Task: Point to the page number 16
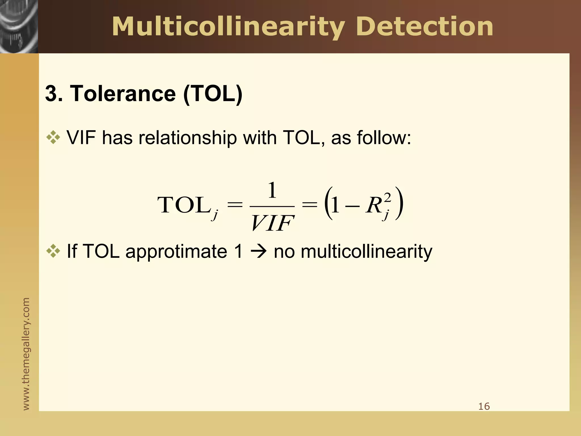(x=484, y=406)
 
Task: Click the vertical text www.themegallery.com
(x=26, y=353)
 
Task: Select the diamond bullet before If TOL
(x=53, y=251)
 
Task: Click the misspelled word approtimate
(x=176, y=251)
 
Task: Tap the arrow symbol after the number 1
(x=258, y=252)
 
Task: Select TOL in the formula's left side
(x=183, y=205)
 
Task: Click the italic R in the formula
(x=374, y=205)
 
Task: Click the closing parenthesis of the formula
(x=399, y=204)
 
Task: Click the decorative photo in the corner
(x=19, y=26)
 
